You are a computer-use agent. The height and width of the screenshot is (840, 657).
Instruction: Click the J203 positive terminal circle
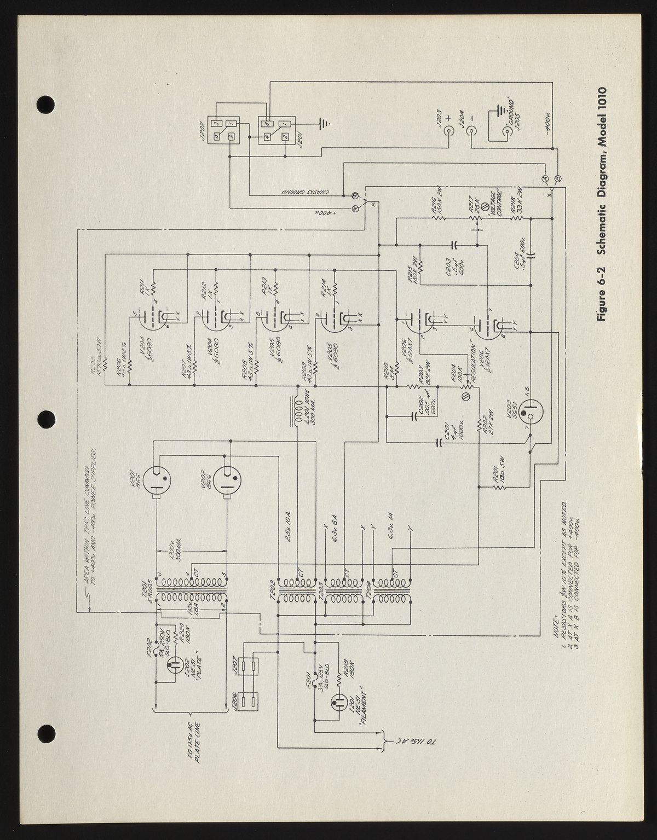(448, 132)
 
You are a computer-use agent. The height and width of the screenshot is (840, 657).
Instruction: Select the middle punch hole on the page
(47, 420)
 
